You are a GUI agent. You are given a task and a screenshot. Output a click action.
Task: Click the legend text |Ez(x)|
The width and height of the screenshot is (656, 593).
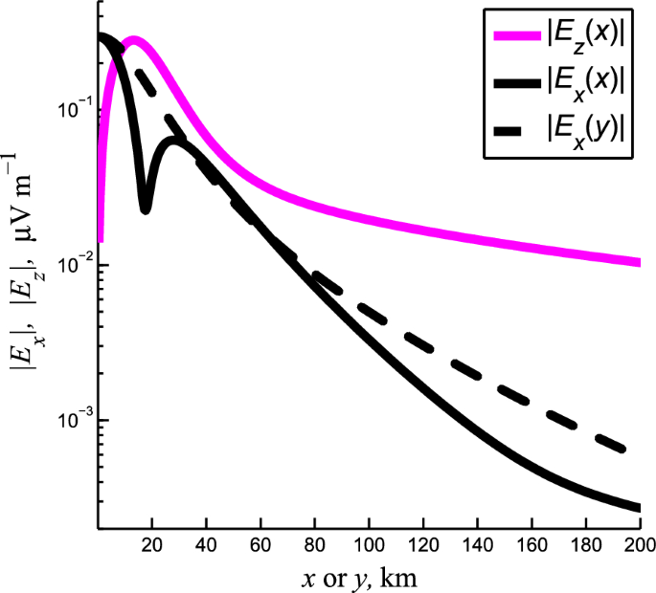click(585, 38)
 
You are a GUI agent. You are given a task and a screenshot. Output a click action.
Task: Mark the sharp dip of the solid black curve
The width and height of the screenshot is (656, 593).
click(146, 208)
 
